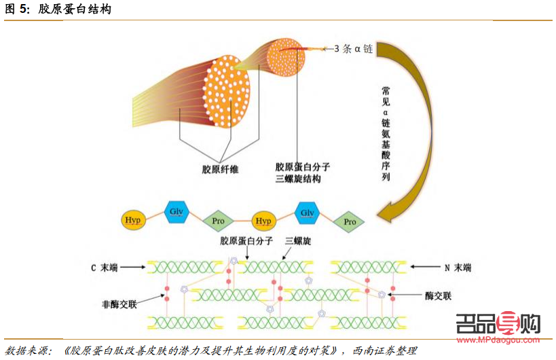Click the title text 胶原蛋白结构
coord(75,10)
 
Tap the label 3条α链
coord(354,49)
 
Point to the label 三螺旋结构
coord(298,179)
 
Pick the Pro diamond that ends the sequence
coord(350,221)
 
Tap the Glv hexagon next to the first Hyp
coord(176,212)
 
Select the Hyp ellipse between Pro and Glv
coord(263,221)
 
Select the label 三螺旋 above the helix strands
coord(298,240)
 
